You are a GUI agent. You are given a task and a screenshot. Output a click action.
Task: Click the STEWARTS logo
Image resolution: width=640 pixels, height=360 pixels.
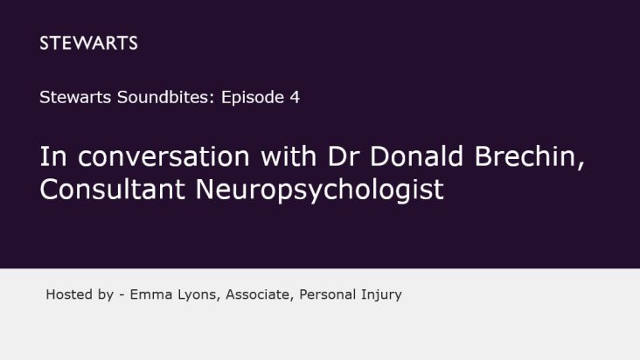click(x=88, y=43)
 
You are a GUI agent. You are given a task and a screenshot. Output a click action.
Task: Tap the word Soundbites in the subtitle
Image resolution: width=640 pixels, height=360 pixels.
click(x=166, y=98)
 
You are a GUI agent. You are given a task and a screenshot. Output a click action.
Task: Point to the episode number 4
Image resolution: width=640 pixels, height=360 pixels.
click(x=295, y=98)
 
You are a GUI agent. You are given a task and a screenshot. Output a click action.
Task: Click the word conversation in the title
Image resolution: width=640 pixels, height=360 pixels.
click(x=163, y=156)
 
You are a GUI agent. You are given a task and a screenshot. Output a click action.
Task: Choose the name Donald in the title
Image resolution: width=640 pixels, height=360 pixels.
click(x=416, y=156)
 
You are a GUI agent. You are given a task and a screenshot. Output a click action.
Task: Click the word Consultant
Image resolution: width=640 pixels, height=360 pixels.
click(x=112, y=189)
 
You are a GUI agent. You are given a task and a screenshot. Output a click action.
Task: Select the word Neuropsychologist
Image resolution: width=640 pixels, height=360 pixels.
click(x=320, y=190)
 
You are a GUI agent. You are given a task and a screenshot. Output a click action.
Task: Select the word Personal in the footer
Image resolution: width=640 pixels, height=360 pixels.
click(x=327, y=294)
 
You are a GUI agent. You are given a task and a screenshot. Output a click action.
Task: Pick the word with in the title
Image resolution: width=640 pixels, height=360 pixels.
click(x=289, y=156)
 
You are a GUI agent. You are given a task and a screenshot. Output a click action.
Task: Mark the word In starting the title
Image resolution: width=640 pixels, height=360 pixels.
click(x=53, y=156)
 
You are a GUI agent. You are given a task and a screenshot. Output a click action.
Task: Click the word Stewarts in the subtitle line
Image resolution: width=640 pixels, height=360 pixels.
click(x=75, y=98)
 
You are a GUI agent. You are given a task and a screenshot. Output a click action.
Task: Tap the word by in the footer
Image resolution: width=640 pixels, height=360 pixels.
click(x=105, y=295)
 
